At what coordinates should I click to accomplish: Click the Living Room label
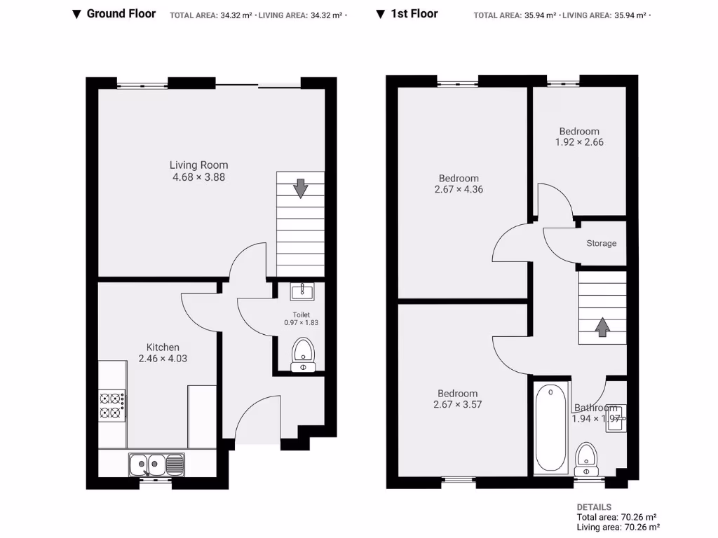(x=198, y=165)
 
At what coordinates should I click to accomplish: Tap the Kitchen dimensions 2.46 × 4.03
(x=163, y=359)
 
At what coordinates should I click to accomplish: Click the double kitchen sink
(x=156, y=464)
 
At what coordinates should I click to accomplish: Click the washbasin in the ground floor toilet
(x=303, y=290)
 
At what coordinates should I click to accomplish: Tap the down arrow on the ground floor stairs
(x=300, y=188)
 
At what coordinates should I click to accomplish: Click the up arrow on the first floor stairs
(x=602, y=327)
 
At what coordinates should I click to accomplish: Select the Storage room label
(x=602, y=243)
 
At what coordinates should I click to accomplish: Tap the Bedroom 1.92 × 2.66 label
(x=579, y=137)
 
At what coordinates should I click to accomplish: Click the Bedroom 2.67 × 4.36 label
(x=459, y=184)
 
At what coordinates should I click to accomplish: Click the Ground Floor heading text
(x=121, y=13)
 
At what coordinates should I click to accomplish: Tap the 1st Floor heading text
(x=414, y=13)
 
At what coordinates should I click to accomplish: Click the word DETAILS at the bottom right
(x=594, y=507)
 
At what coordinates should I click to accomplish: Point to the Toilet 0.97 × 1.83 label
(x=302, y=319)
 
